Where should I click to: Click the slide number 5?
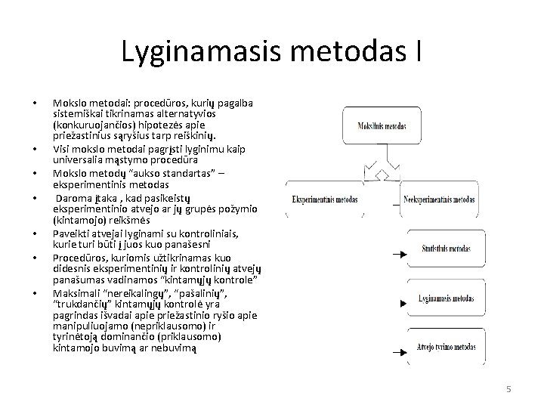pyautogui.click(x=508, y=388)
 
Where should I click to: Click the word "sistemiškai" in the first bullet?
pyautogui.click(x=79, y=113)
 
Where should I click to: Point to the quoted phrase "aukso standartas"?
pyautogui.click(x=143, y=172)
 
